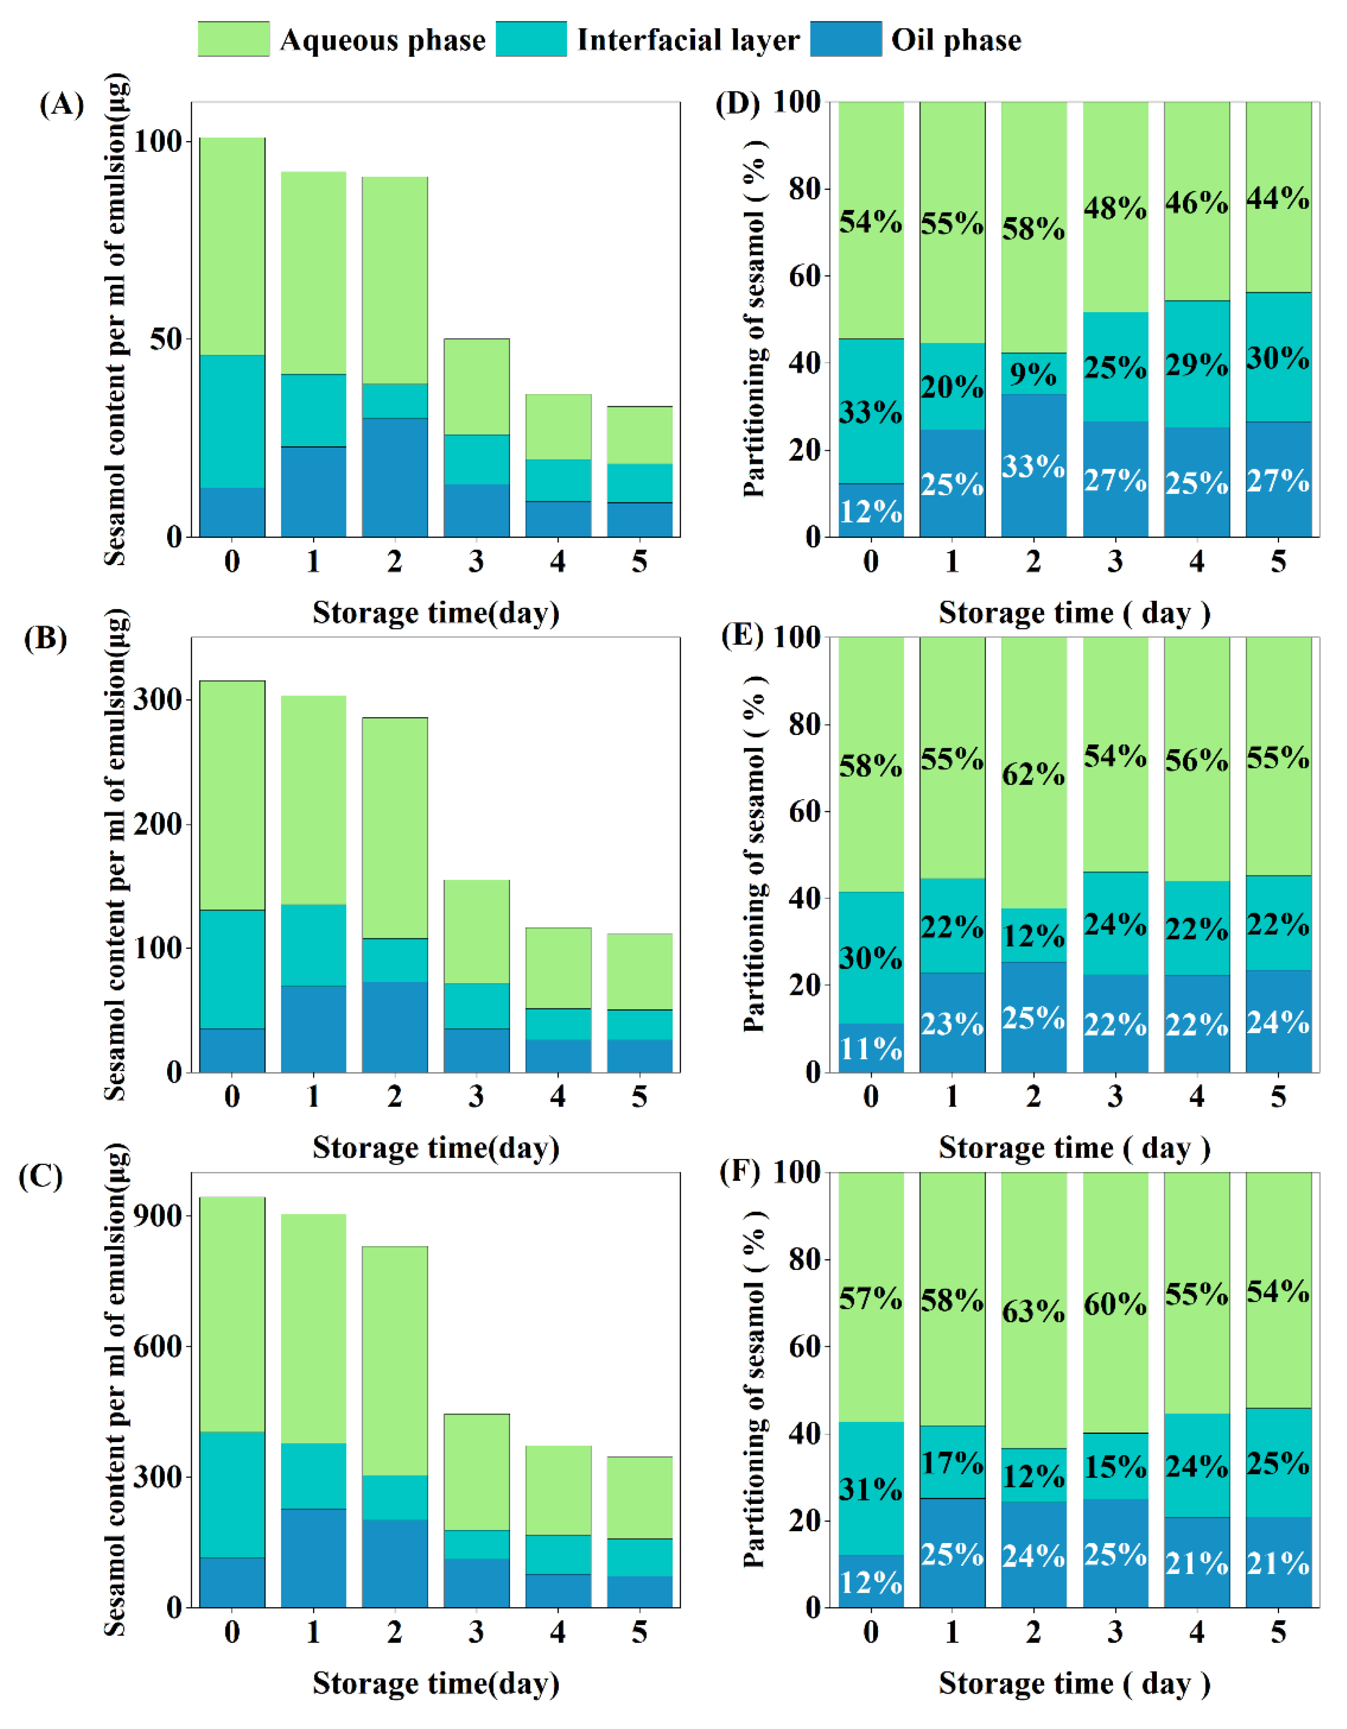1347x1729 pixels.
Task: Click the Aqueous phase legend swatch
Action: click(233, 39)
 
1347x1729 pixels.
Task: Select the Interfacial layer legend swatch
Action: click(531, 39)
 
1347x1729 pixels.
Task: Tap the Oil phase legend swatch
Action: click(845, 39)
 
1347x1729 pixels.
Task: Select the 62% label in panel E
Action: click(1033, 773)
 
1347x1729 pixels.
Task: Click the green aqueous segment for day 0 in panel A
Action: click(232, 246)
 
